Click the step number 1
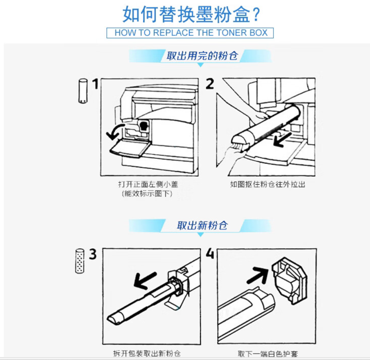95,84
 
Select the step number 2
210,84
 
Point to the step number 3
93,254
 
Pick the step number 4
210,253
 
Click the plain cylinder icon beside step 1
83,91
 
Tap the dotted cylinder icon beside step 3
80,261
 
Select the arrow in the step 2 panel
282,139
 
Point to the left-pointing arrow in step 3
145,280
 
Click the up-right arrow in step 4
258,275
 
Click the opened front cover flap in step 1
130,148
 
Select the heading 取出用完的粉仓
202,56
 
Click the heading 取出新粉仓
202,225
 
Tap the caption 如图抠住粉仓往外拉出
268,184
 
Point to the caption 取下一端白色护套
268,354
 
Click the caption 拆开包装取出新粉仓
147,353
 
